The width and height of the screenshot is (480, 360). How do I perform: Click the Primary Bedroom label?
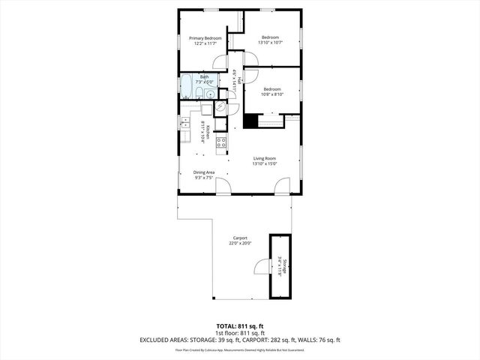(x=205, y=37)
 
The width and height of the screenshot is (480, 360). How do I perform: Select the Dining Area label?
(x=205, y=172)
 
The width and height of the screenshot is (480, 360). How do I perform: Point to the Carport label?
(x=240, y=238)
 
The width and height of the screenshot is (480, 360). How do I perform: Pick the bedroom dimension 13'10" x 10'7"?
(x=270, y=43)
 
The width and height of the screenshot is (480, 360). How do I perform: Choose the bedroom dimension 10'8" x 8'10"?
(x=271, y=94)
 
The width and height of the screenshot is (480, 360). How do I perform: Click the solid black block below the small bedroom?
(x=251, y=121)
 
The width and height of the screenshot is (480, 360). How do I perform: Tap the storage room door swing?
(x=262, y=266)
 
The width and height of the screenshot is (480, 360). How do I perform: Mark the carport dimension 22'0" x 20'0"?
(x=240, y=243)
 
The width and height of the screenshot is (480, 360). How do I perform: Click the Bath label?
(x=204, y=76)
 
